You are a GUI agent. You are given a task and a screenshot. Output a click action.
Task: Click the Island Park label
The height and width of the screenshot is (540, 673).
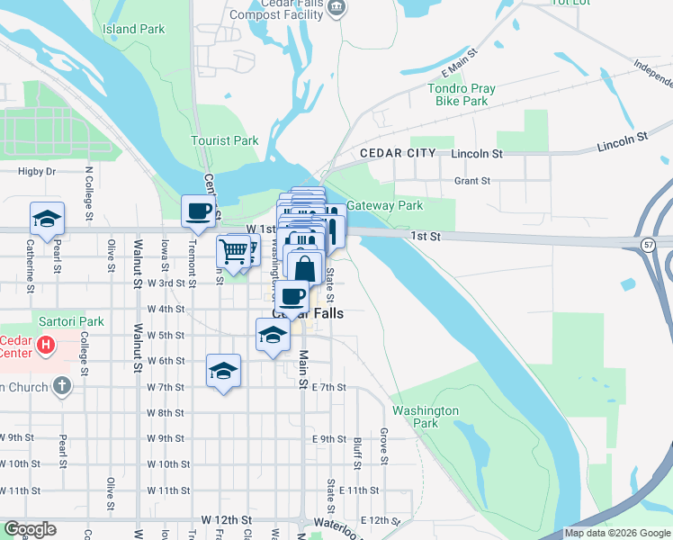133,29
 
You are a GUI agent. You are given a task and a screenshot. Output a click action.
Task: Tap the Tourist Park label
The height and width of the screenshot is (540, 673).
224,140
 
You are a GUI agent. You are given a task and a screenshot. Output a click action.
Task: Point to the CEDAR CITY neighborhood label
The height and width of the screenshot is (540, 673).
398,154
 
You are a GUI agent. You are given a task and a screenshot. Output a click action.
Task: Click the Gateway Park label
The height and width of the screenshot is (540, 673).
384,205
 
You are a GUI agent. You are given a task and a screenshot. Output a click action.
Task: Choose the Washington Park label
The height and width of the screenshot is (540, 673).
426,417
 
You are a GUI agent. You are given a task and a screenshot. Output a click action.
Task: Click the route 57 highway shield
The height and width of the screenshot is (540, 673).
648,245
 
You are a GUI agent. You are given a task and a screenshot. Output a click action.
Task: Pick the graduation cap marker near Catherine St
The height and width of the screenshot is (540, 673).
47,218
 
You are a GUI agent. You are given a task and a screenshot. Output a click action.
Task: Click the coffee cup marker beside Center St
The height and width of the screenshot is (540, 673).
199,211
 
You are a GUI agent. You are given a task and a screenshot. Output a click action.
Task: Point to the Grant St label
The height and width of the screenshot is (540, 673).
471,181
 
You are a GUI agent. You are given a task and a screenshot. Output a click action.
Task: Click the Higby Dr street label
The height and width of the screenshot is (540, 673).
37,171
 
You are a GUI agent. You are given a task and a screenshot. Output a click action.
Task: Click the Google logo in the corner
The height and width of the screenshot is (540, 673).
29,529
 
